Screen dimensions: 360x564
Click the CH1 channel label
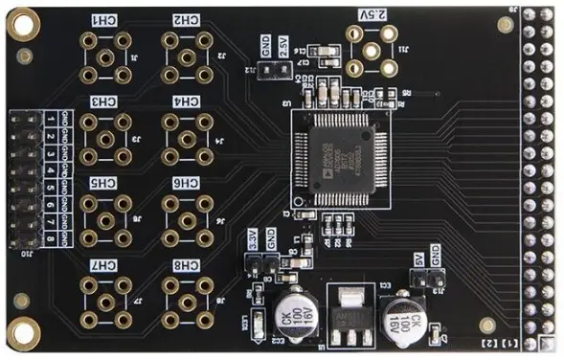(x=102, y=20)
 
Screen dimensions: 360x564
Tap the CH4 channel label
(x=186, y=101)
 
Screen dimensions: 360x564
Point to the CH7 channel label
(x=102, y=264)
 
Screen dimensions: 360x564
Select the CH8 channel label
(x=186, y=264)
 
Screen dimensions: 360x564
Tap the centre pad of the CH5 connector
(x=102, y=221)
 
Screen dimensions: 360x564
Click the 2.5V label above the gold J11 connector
(x=376, y=14)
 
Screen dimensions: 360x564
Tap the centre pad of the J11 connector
(x=372, y=50)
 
